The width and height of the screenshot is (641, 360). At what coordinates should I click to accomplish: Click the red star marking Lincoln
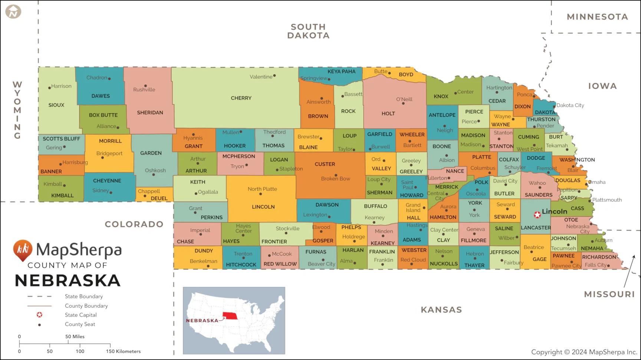coord(537,215)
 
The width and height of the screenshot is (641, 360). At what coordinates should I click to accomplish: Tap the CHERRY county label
coord(241,98)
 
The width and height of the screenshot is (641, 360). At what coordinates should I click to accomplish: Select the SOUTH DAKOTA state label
coord(308,31)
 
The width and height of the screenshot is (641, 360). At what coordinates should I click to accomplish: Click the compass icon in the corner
coord(13,11)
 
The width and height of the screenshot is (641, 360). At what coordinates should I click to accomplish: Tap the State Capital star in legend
coord(39,315)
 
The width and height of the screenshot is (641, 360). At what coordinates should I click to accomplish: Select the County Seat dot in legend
coord(39,325)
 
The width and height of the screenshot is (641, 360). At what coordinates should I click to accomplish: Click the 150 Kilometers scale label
coord(124,351)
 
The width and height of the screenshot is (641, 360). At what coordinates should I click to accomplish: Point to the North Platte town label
coord(262,189)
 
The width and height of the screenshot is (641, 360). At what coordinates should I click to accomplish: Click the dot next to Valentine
coord(275,76)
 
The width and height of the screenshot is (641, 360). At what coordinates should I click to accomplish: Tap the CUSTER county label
coord(325,164)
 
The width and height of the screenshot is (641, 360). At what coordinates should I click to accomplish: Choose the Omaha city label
coord(598,182)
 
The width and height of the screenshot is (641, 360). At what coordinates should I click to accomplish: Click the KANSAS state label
coord(441,310)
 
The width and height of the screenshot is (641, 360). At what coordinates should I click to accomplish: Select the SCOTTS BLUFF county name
coord(61,139)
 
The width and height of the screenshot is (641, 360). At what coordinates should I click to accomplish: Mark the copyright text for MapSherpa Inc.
coord(584,352)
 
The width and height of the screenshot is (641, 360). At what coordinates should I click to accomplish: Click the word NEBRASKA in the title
coord(68,281)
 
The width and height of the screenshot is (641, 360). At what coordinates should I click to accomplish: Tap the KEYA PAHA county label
coord(341,72)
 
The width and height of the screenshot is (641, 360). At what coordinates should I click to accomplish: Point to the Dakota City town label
coord(570,105)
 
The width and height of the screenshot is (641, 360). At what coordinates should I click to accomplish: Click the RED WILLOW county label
coord(280,264)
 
